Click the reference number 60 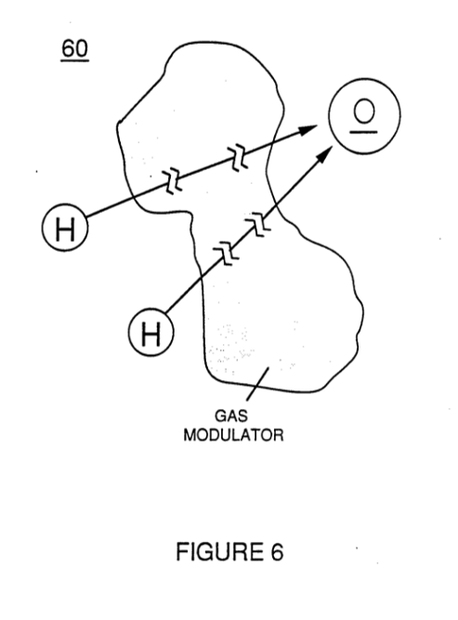click(x=74, y=48)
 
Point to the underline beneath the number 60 click(x=74, y=61)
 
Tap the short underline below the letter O click(x=363, y=132)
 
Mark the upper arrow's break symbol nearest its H click(x=173, y=181)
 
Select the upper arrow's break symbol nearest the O click(x=238, y=158)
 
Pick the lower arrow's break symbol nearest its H click(x=226, y=254)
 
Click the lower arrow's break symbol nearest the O click(x=258, y=224)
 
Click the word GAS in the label click(x=231, y=416)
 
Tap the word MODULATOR click(x=233, y=435)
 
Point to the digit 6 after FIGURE click(x=277, y=552)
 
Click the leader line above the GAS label click(x=257, y=384)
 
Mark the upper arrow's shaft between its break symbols click(x=205, y=170)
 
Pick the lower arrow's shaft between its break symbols click(x=242, y=239)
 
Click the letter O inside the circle click(x=363, y=111)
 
